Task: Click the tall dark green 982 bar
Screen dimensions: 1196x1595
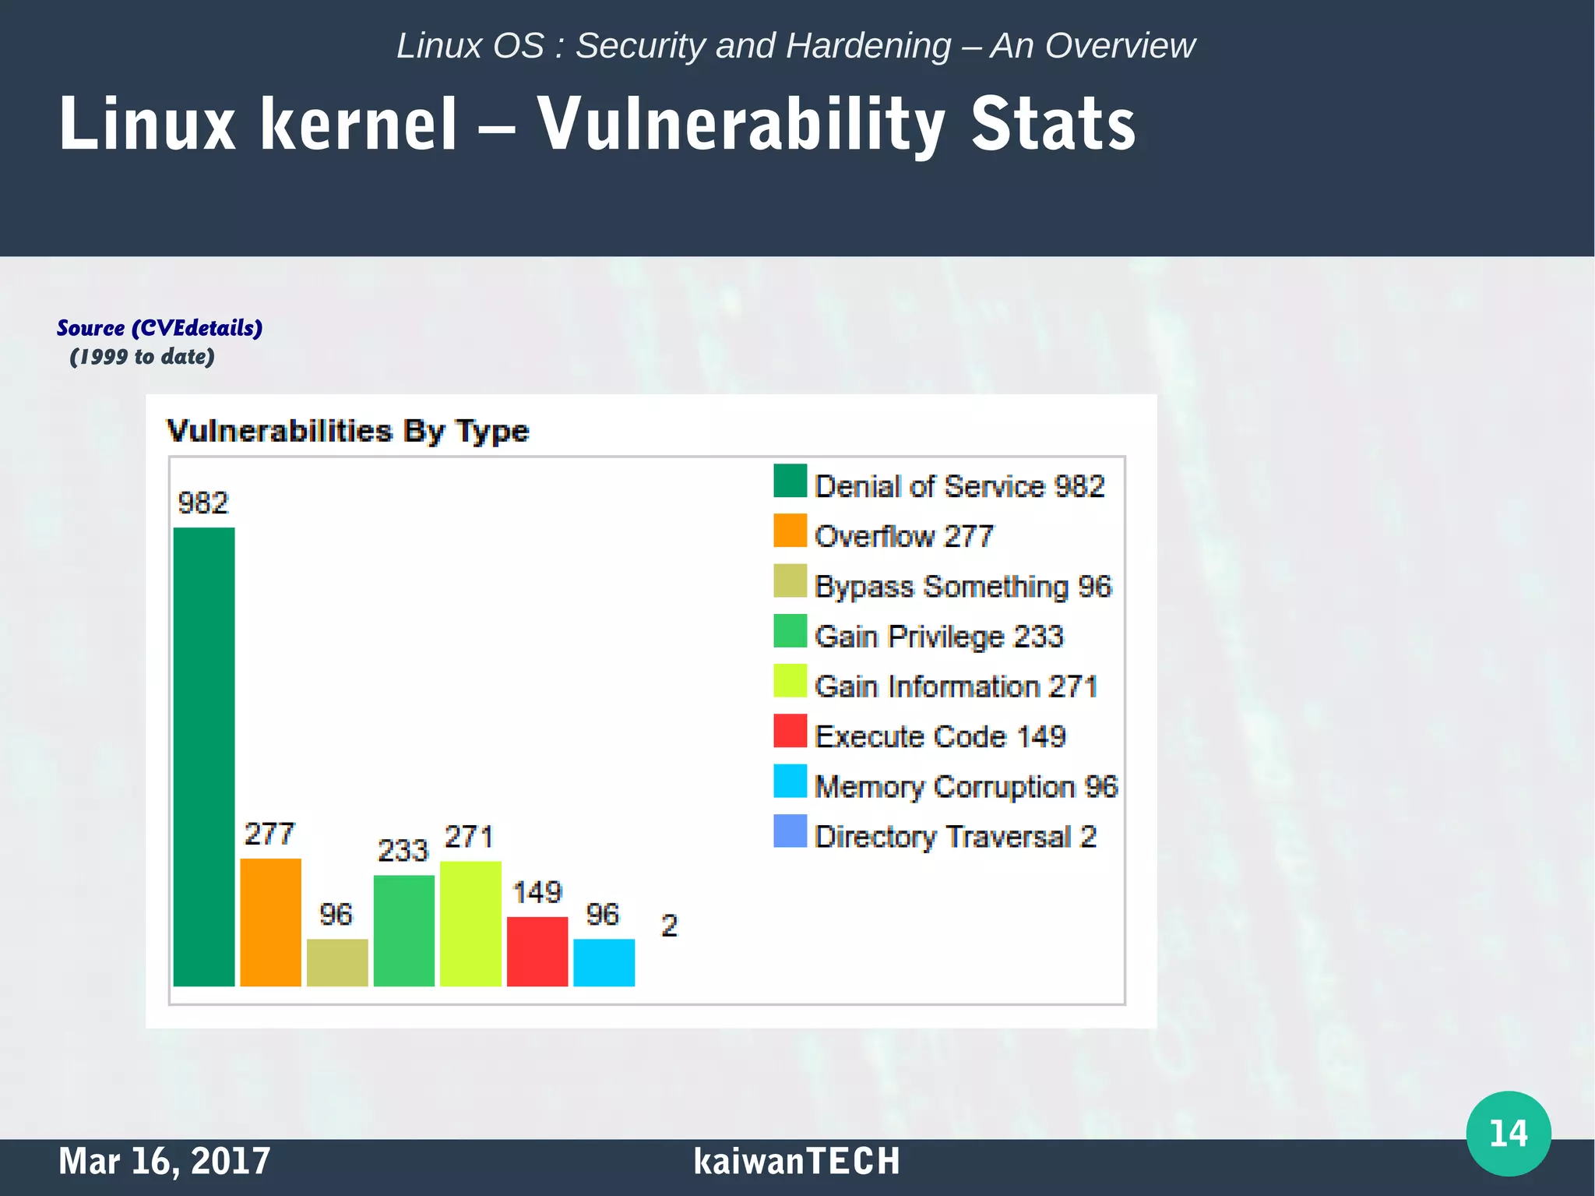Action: [204, 756]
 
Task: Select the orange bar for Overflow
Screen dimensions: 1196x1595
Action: [270, 922]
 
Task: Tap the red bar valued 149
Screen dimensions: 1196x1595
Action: [537, 951]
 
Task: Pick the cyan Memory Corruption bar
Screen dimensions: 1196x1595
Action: [604, 962]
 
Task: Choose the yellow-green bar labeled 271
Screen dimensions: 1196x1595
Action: [470, 923]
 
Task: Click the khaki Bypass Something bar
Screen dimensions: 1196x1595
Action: [337, 962]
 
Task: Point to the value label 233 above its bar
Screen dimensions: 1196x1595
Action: [403, 850]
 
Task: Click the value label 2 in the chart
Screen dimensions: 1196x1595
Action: [669, 926]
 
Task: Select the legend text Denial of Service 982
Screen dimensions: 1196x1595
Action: [959, 486]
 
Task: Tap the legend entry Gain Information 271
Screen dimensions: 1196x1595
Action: [956, 686]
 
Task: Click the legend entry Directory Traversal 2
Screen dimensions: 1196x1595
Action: [955, 837]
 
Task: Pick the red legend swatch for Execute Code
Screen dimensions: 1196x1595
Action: [790, 731]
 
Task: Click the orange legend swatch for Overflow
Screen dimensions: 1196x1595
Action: [790, 531]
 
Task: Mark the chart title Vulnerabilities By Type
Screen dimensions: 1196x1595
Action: [348, 431]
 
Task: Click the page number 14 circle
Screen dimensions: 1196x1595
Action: [1508, 1133]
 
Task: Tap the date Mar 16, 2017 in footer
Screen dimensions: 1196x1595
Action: [164, 1161]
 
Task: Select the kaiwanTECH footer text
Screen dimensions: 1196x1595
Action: [797, 1161]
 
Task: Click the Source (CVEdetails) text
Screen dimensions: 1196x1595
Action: [160, 328]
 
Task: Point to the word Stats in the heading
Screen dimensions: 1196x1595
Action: [1053, 125]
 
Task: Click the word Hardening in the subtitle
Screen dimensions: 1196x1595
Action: [868, 46]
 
